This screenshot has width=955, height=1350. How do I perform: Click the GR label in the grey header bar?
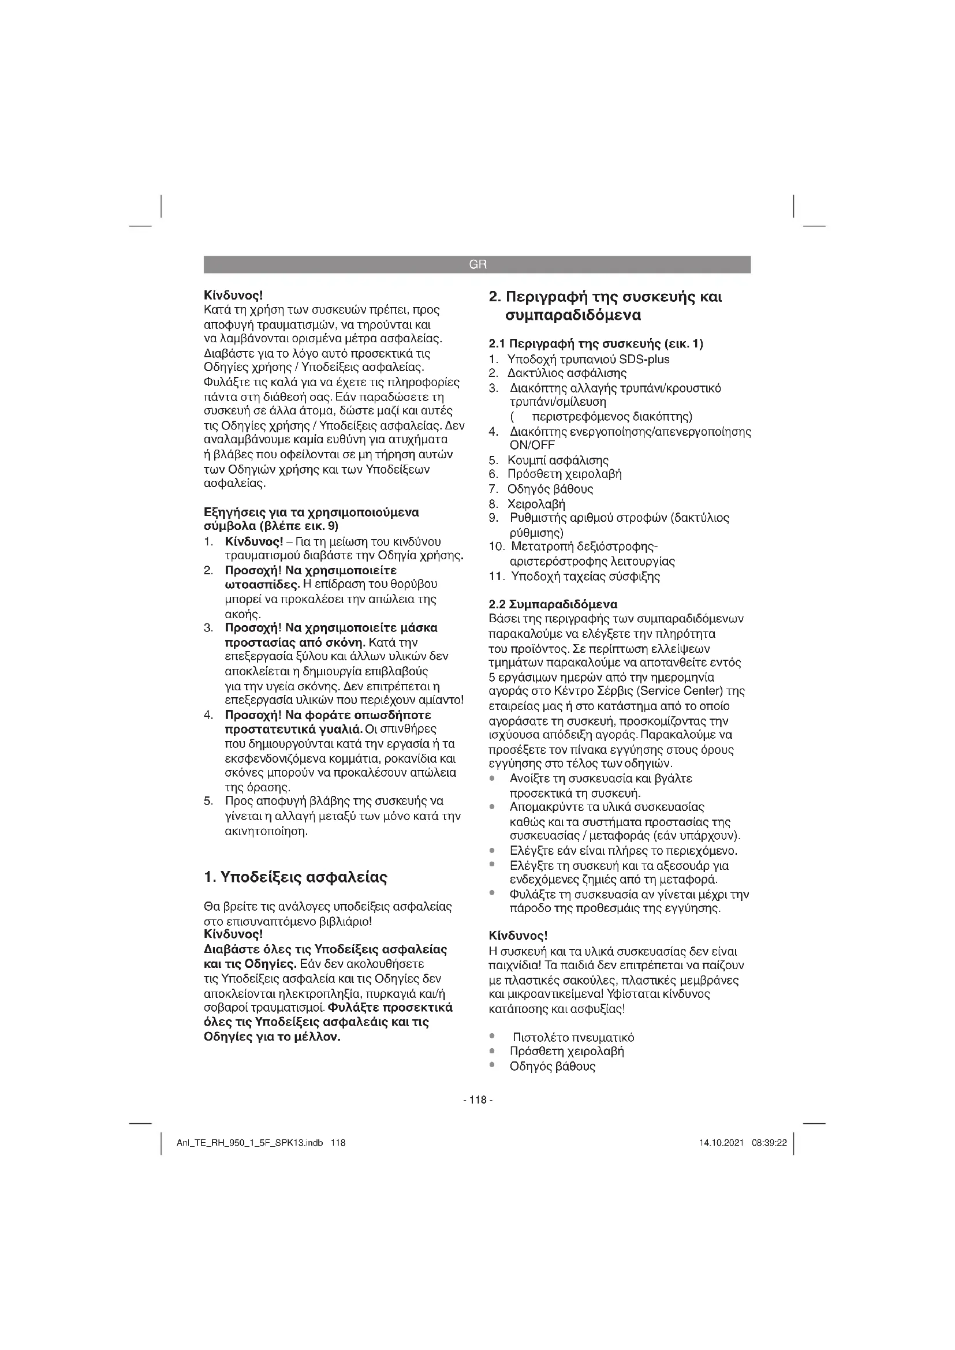click(477, 264)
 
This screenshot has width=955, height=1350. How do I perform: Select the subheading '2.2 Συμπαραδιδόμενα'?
click(553, 604)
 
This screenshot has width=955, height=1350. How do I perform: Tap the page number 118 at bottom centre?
click(477, 1100)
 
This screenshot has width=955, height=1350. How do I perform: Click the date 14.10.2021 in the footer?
click(722, 1143)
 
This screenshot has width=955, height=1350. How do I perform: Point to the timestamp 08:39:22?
click(769, 1143)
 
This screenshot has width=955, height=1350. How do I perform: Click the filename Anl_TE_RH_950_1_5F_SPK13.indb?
click(249, 1143)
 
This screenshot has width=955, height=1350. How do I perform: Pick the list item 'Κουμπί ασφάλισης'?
click(558, 460)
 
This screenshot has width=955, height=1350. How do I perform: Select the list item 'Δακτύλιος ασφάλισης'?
click(567, 373)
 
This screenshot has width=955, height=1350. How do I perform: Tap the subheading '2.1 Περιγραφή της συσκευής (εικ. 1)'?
click(596, 343)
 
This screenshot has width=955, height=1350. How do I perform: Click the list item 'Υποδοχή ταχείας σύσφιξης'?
click(585, 576)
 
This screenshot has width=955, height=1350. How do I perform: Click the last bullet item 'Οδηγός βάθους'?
click(552, 1066)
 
